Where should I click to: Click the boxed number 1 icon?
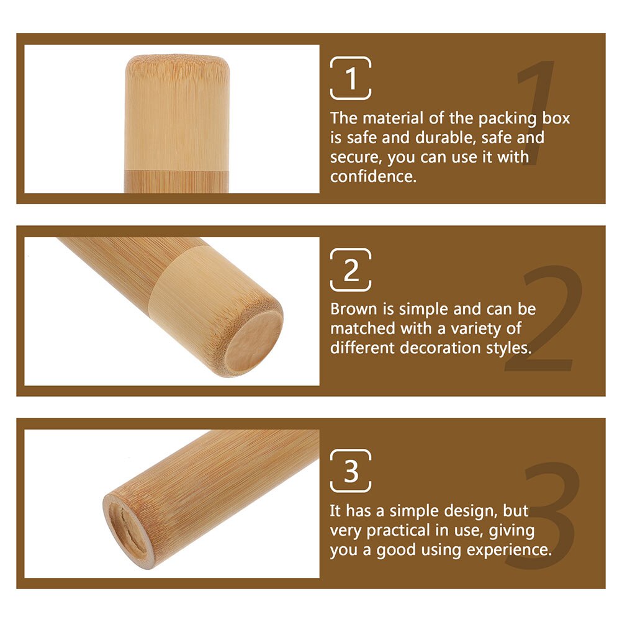tap(351, 78)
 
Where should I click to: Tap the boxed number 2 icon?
tap(351, 270)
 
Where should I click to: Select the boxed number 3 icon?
tap(351, 471)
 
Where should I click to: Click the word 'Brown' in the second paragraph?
tap(351, 309)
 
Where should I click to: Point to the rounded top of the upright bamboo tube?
tap(176, 62)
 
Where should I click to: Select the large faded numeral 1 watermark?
tap(534, 112)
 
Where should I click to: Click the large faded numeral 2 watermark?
tap(546, 320)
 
